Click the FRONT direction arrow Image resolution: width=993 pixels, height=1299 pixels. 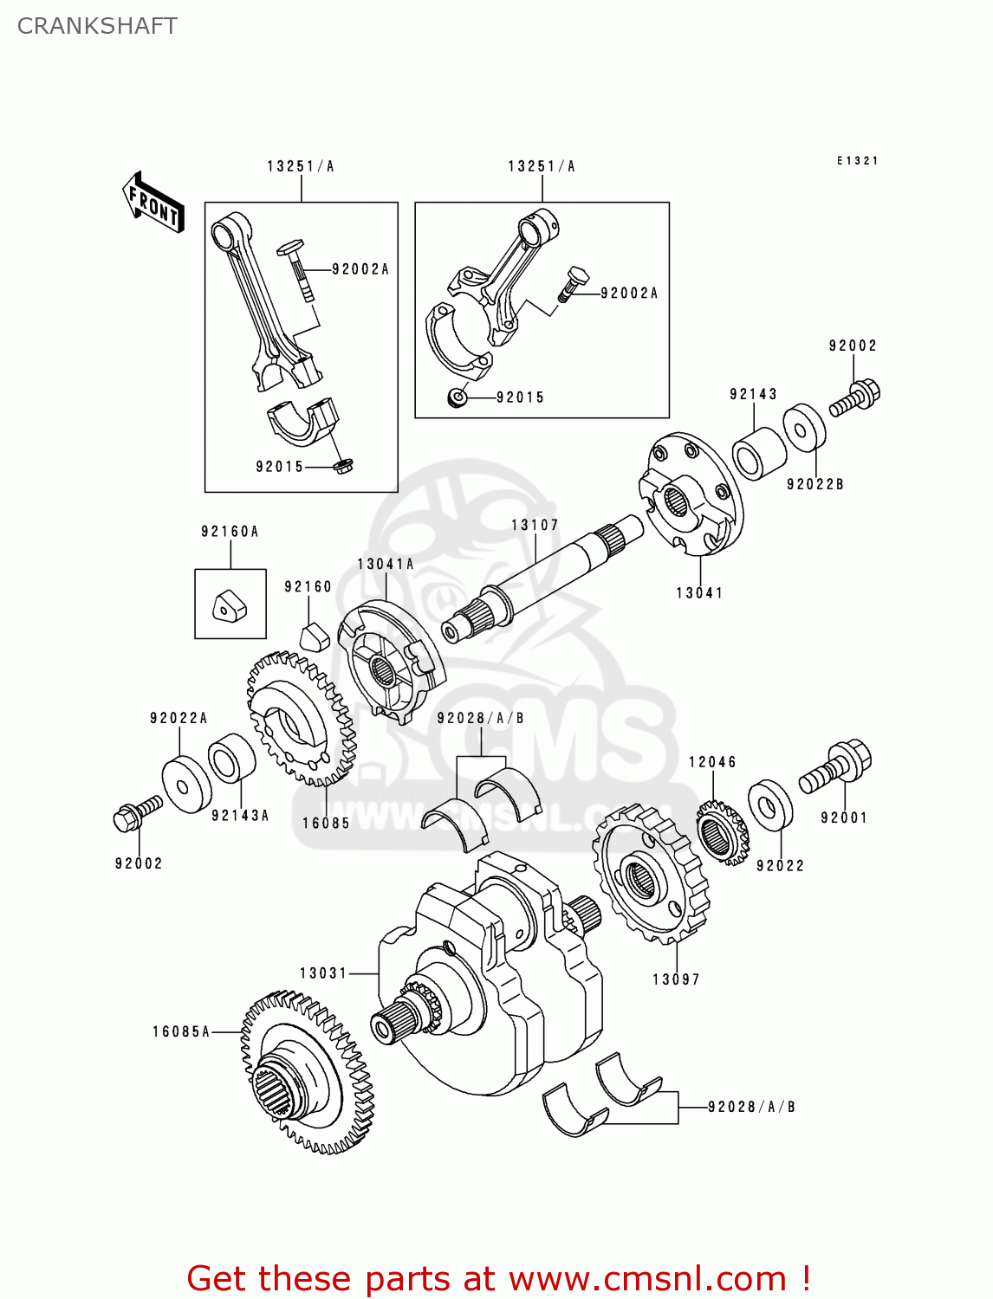coord(153,203)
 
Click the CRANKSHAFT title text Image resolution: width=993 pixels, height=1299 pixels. coord(97,26)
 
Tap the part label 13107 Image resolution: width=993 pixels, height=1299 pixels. coord(535,525)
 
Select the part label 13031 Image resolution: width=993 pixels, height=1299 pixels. coord(323,973)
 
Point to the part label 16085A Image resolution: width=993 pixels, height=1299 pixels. coord(181,1031)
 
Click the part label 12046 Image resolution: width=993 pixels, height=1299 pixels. coord(712,762)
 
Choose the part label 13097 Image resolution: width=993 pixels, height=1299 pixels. coord(676,979)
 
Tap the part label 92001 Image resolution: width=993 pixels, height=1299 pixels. coord(844,818)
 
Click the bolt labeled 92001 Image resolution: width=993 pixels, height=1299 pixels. coord(835,766)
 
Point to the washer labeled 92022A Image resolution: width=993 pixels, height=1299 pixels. coord(186,785)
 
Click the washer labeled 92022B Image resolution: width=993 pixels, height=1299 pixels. coord(805,428)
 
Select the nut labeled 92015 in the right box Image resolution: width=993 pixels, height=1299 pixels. coord(458,397)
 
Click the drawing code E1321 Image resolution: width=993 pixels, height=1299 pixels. coord(857,161)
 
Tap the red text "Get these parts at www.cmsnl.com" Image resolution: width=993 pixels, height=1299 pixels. coord(498,1278)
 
